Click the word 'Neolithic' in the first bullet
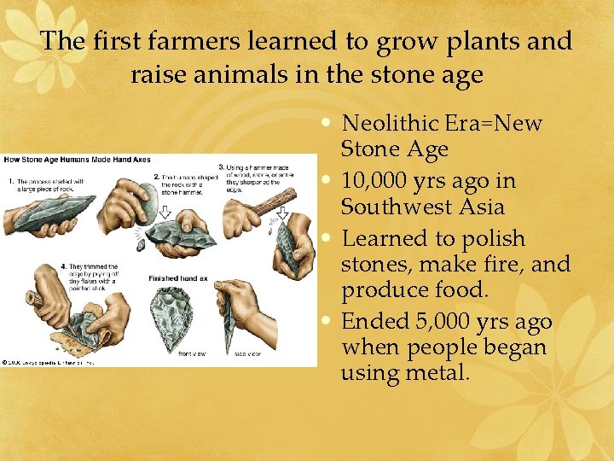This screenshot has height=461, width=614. pos(391,123)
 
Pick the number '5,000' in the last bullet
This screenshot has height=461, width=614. pos(443,322)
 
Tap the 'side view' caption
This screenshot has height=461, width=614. pos(250,353)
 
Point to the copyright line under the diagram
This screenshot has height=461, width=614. pos(48,362)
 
